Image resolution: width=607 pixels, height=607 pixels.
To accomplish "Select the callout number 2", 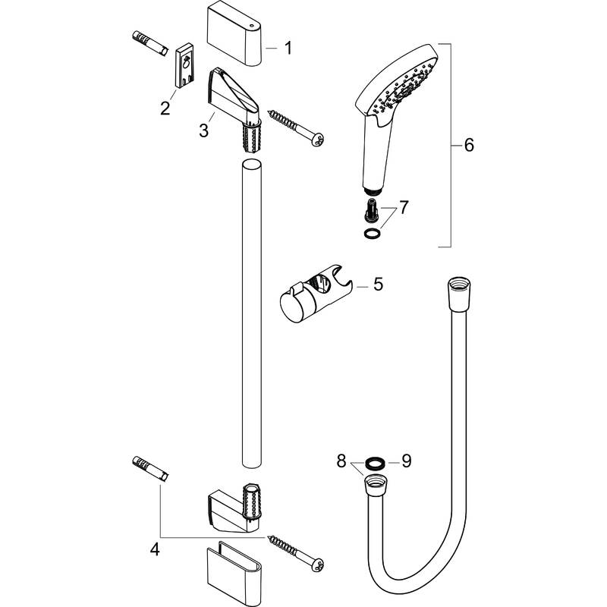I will pos(165,108).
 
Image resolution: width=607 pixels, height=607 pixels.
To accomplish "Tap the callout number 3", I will pos(203,131).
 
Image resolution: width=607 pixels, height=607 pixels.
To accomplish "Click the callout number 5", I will pos(378,285).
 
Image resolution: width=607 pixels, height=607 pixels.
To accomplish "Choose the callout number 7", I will pos(404,206).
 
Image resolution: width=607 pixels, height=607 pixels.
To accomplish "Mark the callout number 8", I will pos(343,460).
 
